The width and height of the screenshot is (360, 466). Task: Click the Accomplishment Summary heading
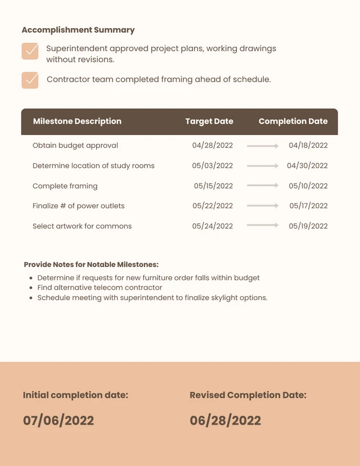tap(78, 30)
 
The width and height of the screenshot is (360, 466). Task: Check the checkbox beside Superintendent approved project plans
tap(30, 51)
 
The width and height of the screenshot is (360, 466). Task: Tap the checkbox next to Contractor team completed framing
tap(30, 80)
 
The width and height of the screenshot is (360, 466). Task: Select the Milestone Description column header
tap(77, 121)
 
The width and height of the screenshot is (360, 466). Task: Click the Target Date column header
tap(209, 121)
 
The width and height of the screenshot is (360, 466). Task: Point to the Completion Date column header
tap(293, 121)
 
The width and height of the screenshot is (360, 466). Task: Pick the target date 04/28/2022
tap(212, 145)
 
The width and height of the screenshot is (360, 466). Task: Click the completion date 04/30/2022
tap(307, 165)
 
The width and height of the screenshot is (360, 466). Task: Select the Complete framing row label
tap(65, 186)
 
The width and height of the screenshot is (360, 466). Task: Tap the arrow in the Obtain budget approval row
tap(263, 146)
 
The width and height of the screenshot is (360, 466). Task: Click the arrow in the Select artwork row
tap(263, 225)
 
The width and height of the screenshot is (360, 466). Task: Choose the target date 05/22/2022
tap(213, 206)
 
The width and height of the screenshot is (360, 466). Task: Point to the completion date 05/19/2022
tap(308, 226)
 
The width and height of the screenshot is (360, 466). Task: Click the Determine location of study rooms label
tap(93, 165)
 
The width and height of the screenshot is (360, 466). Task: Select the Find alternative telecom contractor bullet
tap(100, 288)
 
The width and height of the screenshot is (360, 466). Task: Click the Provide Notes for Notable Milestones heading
tap(91, 265)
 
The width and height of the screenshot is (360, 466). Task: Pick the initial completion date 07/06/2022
tap(58, 420)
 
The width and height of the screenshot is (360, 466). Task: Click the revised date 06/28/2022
tap(226, 420)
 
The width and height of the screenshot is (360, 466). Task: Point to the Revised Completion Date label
tap(248, 395)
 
